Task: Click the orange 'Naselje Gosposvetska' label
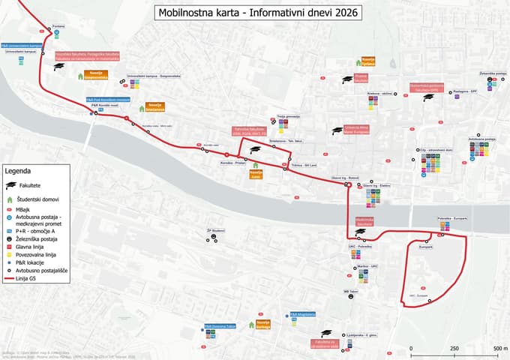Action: (x=94, y=74)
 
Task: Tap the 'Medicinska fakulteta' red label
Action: (x=365, y=222)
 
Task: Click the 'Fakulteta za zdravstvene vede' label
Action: (x=324, y=343)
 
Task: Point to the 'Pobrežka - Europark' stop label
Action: (x=452, y=218)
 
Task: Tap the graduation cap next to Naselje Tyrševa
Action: (x=347, y=79)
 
